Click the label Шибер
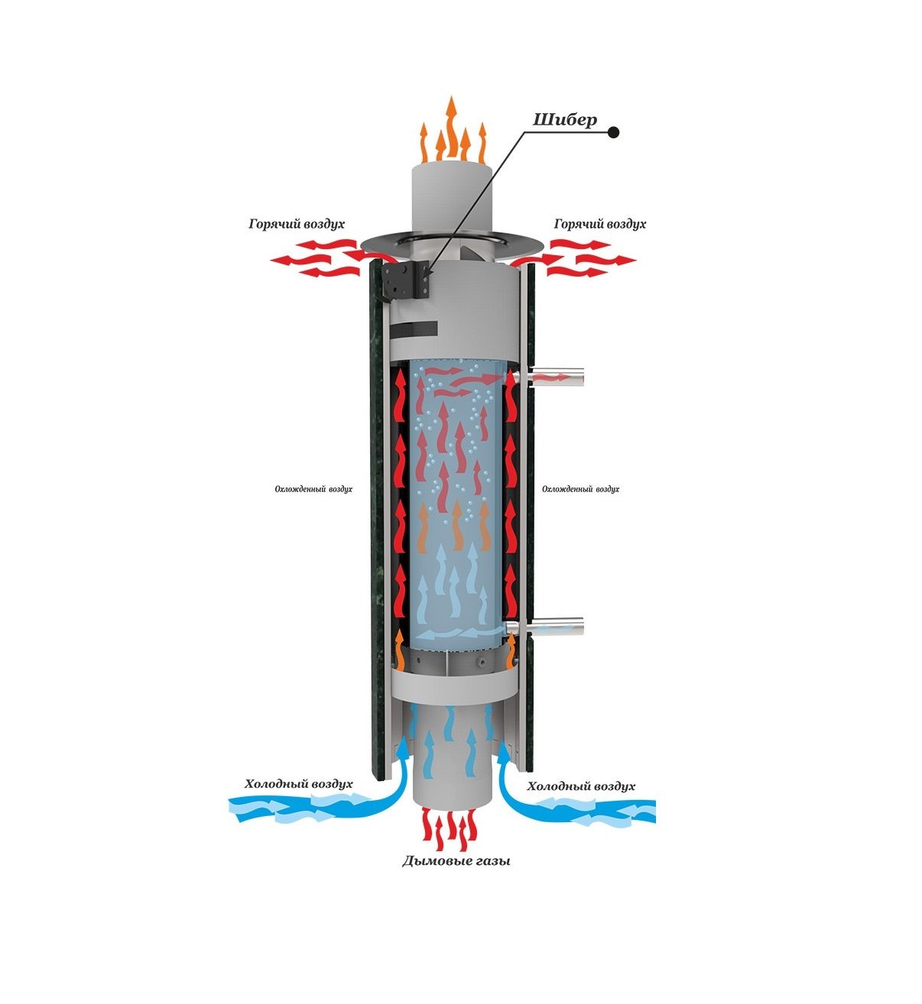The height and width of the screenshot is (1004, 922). point(564,121)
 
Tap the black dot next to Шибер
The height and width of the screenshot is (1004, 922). point(613,132)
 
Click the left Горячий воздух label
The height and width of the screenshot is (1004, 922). point(297,224)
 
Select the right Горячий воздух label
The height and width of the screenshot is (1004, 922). point(599,224)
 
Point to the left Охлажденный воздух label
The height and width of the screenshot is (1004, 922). point(313,489)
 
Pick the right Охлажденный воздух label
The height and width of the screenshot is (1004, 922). point(580,489)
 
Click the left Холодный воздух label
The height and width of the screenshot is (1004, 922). point(298,784)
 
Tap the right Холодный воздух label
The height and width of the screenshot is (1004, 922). point(581,786)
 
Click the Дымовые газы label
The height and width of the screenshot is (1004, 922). point(456,862)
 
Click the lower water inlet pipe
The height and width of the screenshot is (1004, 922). point(554,627)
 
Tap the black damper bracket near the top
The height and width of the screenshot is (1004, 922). point(407,280)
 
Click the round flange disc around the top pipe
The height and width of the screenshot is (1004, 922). point(453,242)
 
